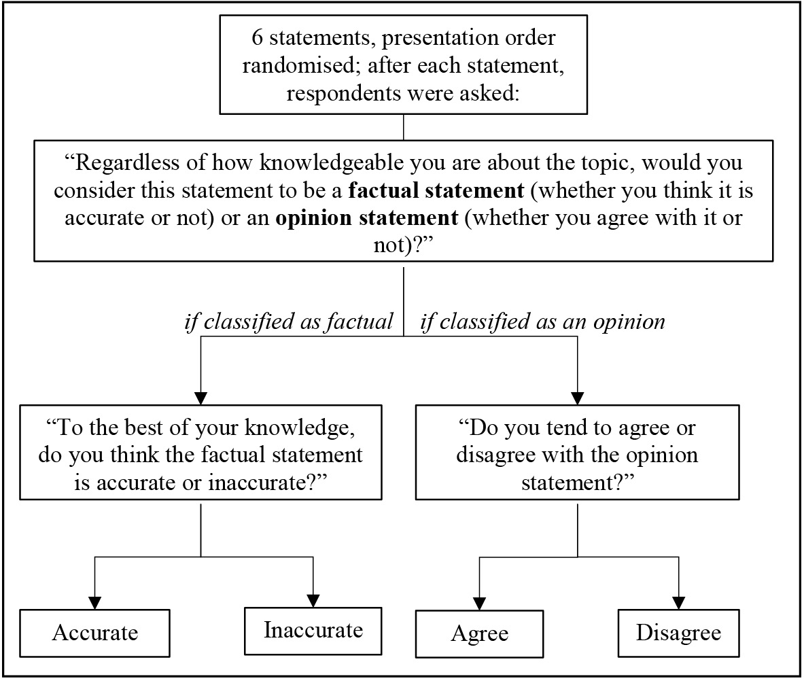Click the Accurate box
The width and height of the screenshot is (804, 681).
click(94, 633)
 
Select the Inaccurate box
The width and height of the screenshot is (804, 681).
click(313, 630)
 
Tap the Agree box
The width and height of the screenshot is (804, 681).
click(479, 633)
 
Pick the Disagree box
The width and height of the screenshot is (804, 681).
click(678, 632)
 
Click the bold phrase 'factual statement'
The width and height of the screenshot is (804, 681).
click(436, 190)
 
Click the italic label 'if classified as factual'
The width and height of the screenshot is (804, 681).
click(289, 321)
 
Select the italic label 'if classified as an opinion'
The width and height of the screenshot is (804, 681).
click(542, 321)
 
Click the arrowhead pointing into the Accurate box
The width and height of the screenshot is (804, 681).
click(94, 602)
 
